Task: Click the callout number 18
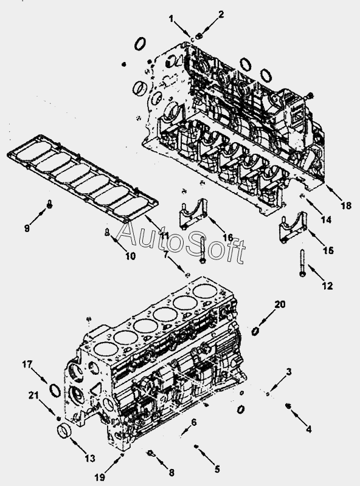point(346,205)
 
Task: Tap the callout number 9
point(27,228)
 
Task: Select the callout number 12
point(327,286)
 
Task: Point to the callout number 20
point(280,304)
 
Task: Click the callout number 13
point(89,458)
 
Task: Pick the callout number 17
point(27,364)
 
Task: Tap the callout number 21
point(33,395)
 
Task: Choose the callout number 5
point(217,469)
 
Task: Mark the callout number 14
point(326,220)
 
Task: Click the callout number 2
point(221,15)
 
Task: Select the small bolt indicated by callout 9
point(50,204)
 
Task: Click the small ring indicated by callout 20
point(255,331)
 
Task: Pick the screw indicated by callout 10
point(107,232)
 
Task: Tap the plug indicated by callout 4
point(288,405)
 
